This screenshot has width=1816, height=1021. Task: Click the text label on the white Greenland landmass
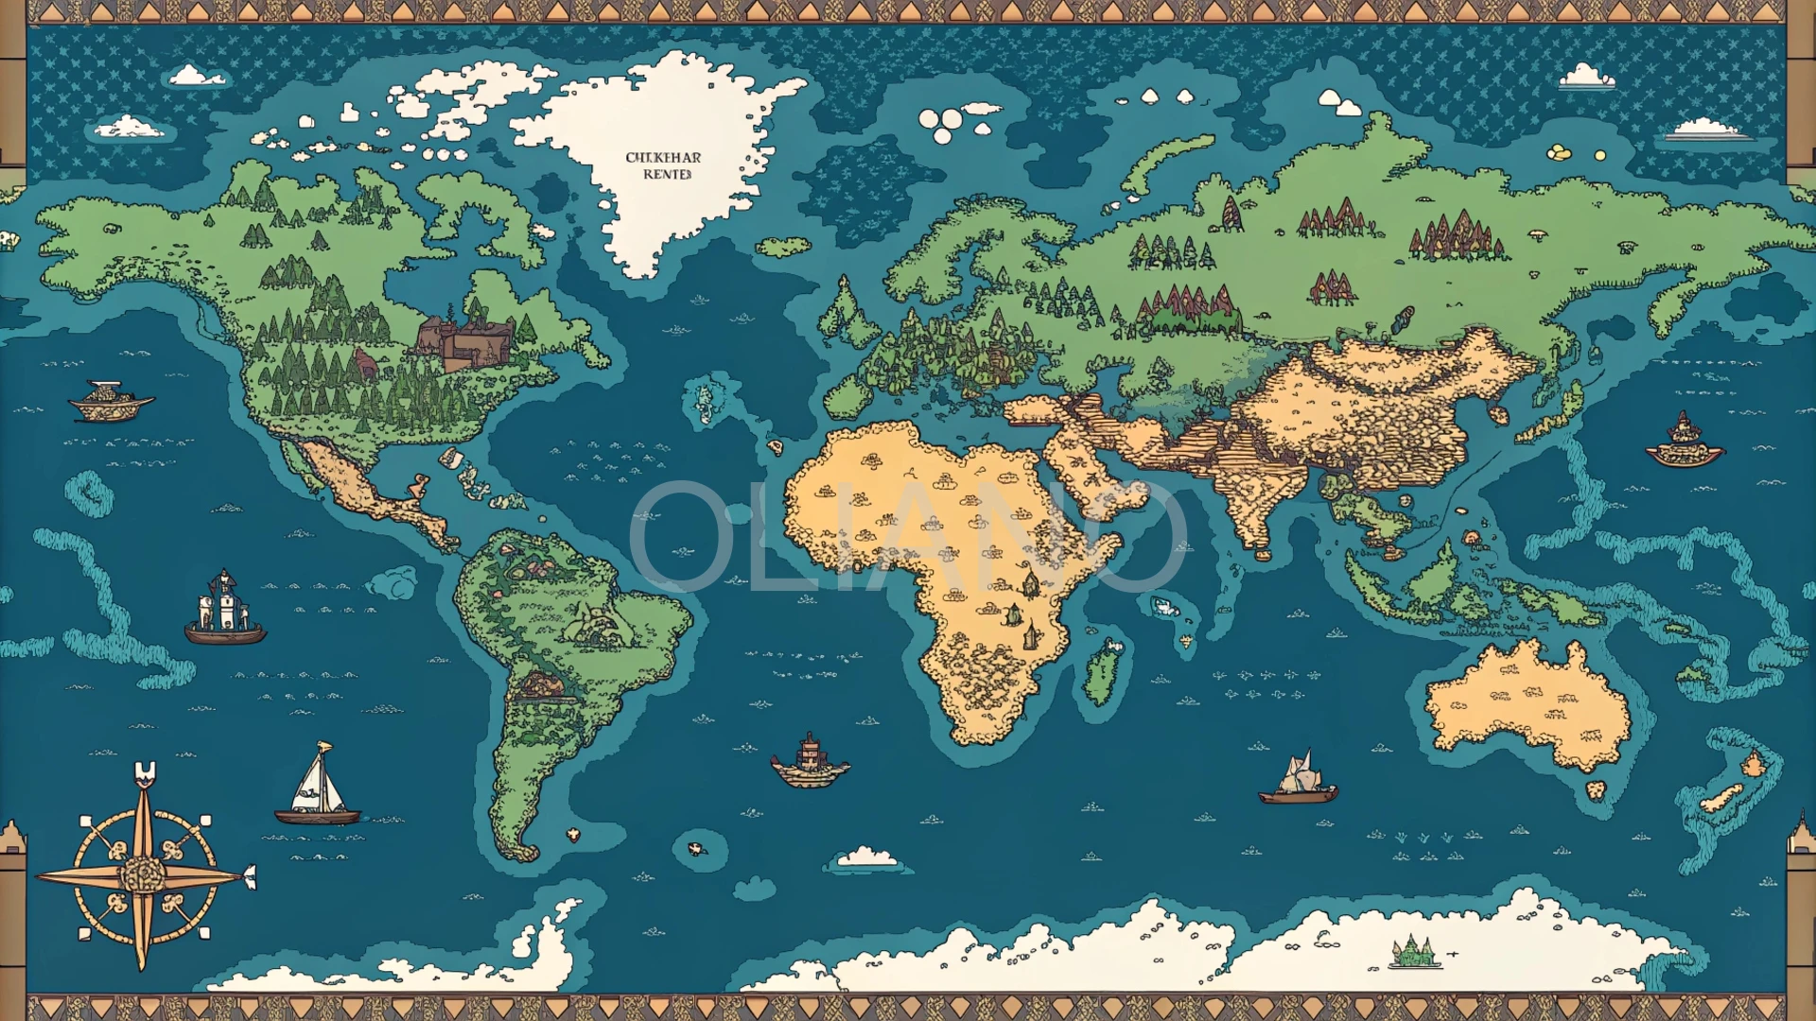tap(663, 165)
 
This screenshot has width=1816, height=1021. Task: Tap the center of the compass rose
tap(143, 874)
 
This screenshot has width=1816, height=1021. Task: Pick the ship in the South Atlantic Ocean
tap(810, 762)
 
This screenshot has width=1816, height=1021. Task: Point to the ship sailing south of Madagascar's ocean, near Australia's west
tap(1298, 780)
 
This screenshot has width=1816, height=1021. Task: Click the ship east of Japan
tap(1684, 442)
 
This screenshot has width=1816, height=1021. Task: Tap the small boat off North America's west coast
tap(111, 401)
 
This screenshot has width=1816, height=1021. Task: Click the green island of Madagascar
tap(1103, 671)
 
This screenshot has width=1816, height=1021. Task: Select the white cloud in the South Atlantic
tap(866, 857)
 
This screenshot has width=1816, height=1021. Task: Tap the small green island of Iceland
tap(783, 248)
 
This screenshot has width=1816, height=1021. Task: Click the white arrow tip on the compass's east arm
tap(250, 876)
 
